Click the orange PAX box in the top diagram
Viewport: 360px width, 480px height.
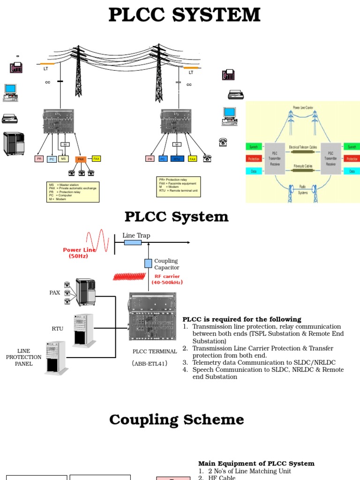pyautogui.click(x=81, y=159)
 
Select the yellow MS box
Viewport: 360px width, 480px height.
pyautogui.click(x=63, y=159)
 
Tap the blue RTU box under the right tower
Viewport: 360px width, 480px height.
pyautogui.click(x=177, y=159)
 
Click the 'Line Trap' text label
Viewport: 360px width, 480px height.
pyautogui.click(x=136, y=235)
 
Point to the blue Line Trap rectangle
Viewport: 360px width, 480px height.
pyautogui.click(x=133, y=242)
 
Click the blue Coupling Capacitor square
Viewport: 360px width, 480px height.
pyautogui.click(x=148, y=263)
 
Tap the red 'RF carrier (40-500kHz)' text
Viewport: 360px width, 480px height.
pyautogui.click(x=167, y=279)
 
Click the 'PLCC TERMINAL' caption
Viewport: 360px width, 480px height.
pyautogui.click(x=155, y=352)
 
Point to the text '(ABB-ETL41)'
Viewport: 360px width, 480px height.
pyautogui.click(x=150, y=363)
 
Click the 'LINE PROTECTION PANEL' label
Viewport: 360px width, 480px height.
pyautogui.click(x=23, y=357)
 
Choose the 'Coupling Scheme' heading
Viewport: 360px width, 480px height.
pyautogui.click(x=177, y=420)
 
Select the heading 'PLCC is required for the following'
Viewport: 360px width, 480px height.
pyautogui.click(x=241, y=319)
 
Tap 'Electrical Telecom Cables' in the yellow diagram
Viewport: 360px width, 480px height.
pyautogui.click(x=303, y=147)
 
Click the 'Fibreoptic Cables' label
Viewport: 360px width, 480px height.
pyautogui.click(x=303, y=165)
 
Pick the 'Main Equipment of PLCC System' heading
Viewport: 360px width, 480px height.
pyautogui.click(x=256, y=464)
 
